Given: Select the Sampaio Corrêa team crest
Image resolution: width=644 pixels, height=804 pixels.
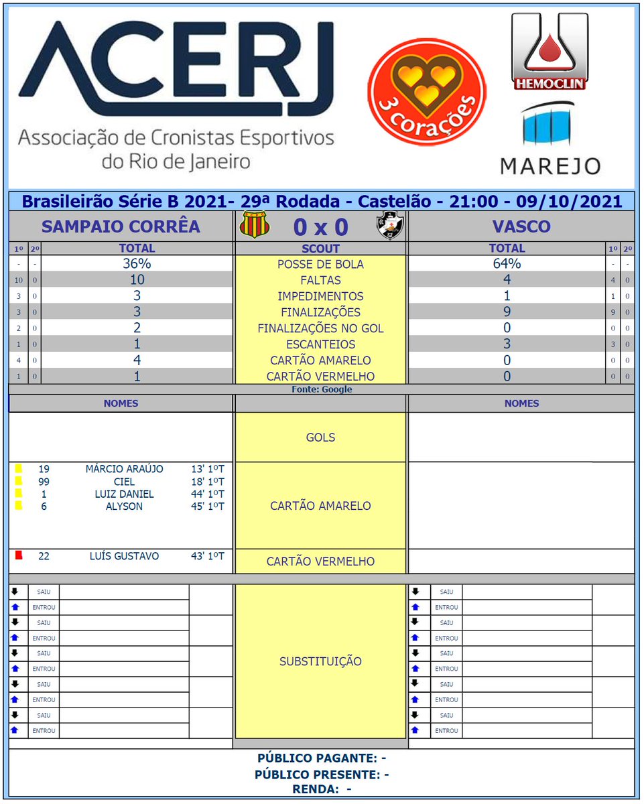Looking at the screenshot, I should pos(255,226).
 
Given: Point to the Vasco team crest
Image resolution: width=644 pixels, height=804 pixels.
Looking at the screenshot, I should pos(390,226).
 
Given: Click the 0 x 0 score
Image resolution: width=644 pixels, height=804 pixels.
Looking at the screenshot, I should pos(320,227).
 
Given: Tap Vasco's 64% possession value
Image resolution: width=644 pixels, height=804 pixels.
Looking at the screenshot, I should pos(507,264).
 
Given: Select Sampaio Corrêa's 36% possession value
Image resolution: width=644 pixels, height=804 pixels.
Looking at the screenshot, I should pos(137,264).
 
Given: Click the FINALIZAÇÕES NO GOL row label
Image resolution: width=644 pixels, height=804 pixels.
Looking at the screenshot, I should pos(320,328).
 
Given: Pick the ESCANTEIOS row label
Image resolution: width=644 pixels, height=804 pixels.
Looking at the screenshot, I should pos(320,344).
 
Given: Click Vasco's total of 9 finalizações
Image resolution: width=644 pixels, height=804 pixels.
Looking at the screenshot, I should pos(507,312).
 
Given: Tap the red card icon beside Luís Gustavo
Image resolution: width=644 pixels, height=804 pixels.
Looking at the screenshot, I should pos(19,555).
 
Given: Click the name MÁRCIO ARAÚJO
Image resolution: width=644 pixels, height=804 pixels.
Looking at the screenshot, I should pos(124,469).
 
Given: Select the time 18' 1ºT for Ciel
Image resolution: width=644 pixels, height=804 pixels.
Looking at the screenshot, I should pos(207,482).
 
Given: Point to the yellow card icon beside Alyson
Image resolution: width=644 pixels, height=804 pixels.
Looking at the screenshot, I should pos(18,506).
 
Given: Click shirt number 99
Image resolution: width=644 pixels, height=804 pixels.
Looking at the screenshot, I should pos(44,482).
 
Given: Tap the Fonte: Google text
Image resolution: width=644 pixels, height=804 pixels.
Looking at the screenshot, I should pos(321,389).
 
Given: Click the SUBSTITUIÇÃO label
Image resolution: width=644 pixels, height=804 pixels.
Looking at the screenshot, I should pos(320,661).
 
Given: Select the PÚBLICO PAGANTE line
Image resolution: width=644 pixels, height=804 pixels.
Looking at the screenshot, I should pos(321,758).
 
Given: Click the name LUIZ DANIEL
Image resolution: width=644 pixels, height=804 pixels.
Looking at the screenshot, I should pos(124,494).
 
